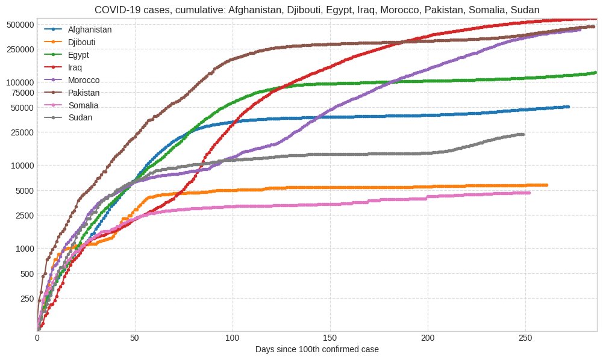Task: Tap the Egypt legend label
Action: coord(79,55)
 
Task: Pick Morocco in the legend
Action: coord(84,80)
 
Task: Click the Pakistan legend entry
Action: coord(84,93)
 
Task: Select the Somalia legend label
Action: coord(83,105)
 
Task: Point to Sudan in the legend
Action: coord(80,117)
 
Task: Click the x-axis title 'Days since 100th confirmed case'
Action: coord(317,350)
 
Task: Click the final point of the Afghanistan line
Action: coord(568,107)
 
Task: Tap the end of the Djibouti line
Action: coord(546,185)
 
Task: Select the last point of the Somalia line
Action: coord(529,193)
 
